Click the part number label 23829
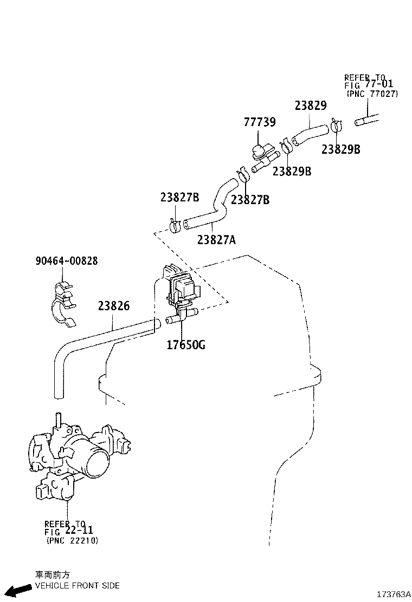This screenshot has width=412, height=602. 311,106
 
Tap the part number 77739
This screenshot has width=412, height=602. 259,123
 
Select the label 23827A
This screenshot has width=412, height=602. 216,239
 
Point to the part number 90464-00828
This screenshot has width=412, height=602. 67,261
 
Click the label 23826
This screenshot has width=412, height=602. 114,306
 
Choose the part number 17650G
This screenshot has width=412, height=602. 186,345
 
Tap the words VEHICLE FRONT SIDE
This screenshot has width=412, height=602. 77,585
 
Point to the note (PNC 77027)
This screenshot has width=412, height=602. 372,94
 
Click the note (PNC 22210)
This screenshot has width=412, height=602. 72,540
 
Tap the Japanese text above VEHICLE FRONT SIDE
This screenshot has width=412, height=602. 53,575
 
